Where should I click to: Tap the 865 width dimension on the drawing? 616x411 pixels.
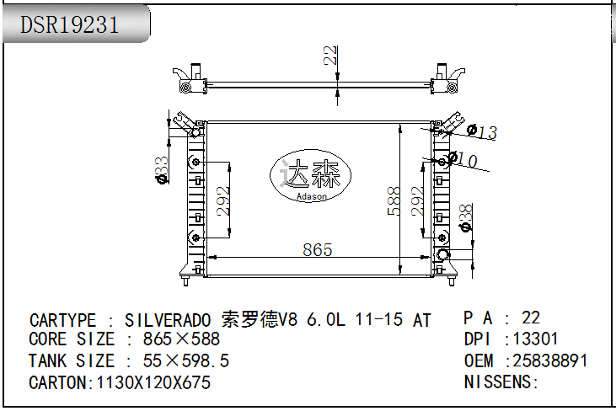(317, 249)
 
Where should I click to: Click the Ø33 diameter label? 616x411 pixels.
(162, 168)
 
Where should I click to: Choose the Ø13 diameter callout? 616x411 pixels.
(482, 131)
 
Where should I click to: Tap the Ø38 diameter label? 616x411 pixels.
(465, 218)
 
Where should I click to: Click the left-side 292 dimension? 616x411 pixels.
(223, 201)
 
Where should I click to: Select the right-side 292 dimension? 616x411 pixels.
(417, 201)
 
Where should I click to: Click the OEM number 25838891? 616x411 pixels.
(550, 360)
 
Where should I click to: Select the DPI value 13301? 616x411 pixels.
(536, 339)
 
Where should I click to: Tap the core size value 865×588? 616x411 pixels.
(181, 339)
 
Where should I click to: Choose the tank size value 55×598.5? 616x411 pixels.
(186, 361)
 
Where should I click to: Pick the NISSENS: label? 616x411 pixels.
(501, 382)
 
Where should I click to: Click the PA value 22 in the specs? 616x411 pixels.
(531, 318)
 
